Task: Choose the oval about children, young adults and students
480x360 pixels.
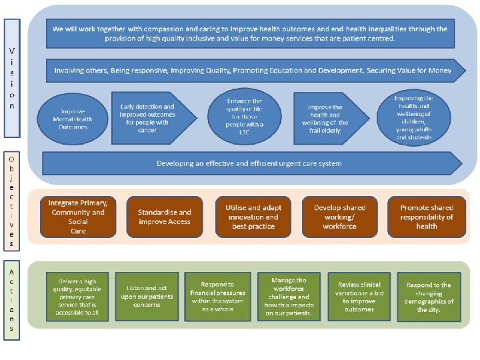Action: [413, 117]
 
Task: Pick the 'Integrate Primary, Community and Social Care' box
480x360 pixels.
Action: [78, 217]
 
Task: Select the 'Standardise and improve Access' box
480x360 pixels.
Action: [165, 217]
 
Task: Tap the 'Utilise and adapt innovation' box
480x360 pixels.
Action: [253, 217]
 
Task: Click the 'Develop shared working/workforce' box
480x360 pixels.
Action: [339, 217]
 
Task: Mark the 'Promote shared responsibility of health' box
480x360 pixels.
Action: [427, 217]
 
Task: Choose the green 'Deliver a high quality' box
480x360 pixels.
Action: [79, 297]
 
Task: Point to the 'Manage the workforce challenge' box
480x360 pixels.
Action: [288, 297]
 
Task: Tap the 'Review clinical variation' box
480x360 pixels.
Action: [360, 297]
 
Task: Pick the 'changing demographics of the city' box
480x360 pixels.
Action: [429, 297]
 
